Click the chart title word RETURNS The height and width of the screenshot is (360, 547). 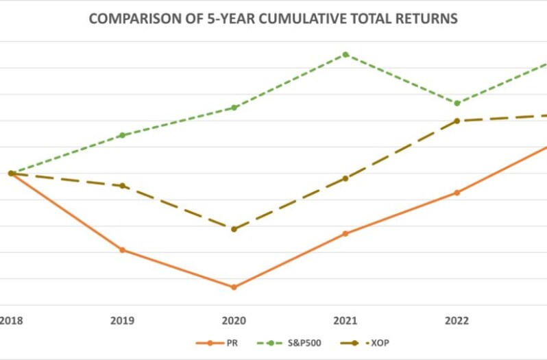[424, 19]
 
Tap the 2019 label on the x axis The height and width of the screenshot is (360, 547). [122, 320]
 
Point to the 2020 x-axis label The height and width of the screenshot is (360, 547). [234, 320]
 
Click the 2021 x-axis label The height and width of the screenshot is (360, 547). [345, 320]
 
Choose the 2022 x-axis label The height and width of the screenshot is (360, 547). [457, 320]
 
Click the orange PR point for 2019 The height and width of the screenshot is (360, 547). [122, 250]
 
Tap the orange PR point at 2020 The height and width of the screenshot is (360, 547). [234, 287]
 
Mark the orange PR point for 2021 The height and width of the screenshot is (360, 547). [345, 233]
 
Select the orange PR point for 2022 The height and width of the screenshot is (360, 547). [457, 193]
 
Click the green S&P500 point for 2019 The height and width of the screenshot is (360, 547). [122, 135]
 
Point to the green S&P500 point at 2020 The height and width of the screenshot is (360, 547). [234, 108]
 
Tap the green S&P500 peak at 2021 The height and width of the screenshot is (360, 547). [345, 54]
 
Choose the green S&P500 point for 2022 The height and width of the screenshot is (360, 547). [457, 103]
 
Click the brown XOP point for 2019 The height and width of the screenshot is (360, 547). [122, 186]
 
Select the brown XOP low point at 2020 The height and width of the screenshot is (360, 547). [234, 229]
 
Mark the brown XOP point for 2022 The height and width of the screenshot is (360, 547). [457, 121]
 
